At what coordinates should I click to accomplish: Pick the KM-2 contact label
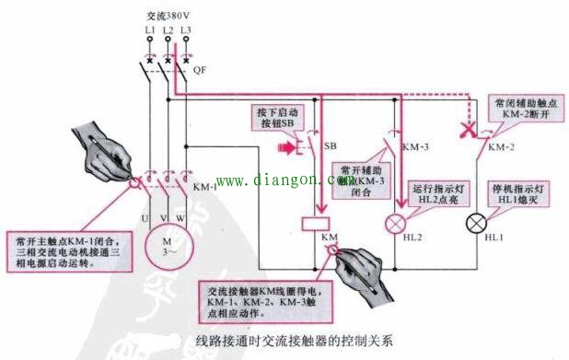point(500,147)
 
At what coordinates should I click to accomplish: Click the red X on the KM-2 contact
point(470,133)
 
